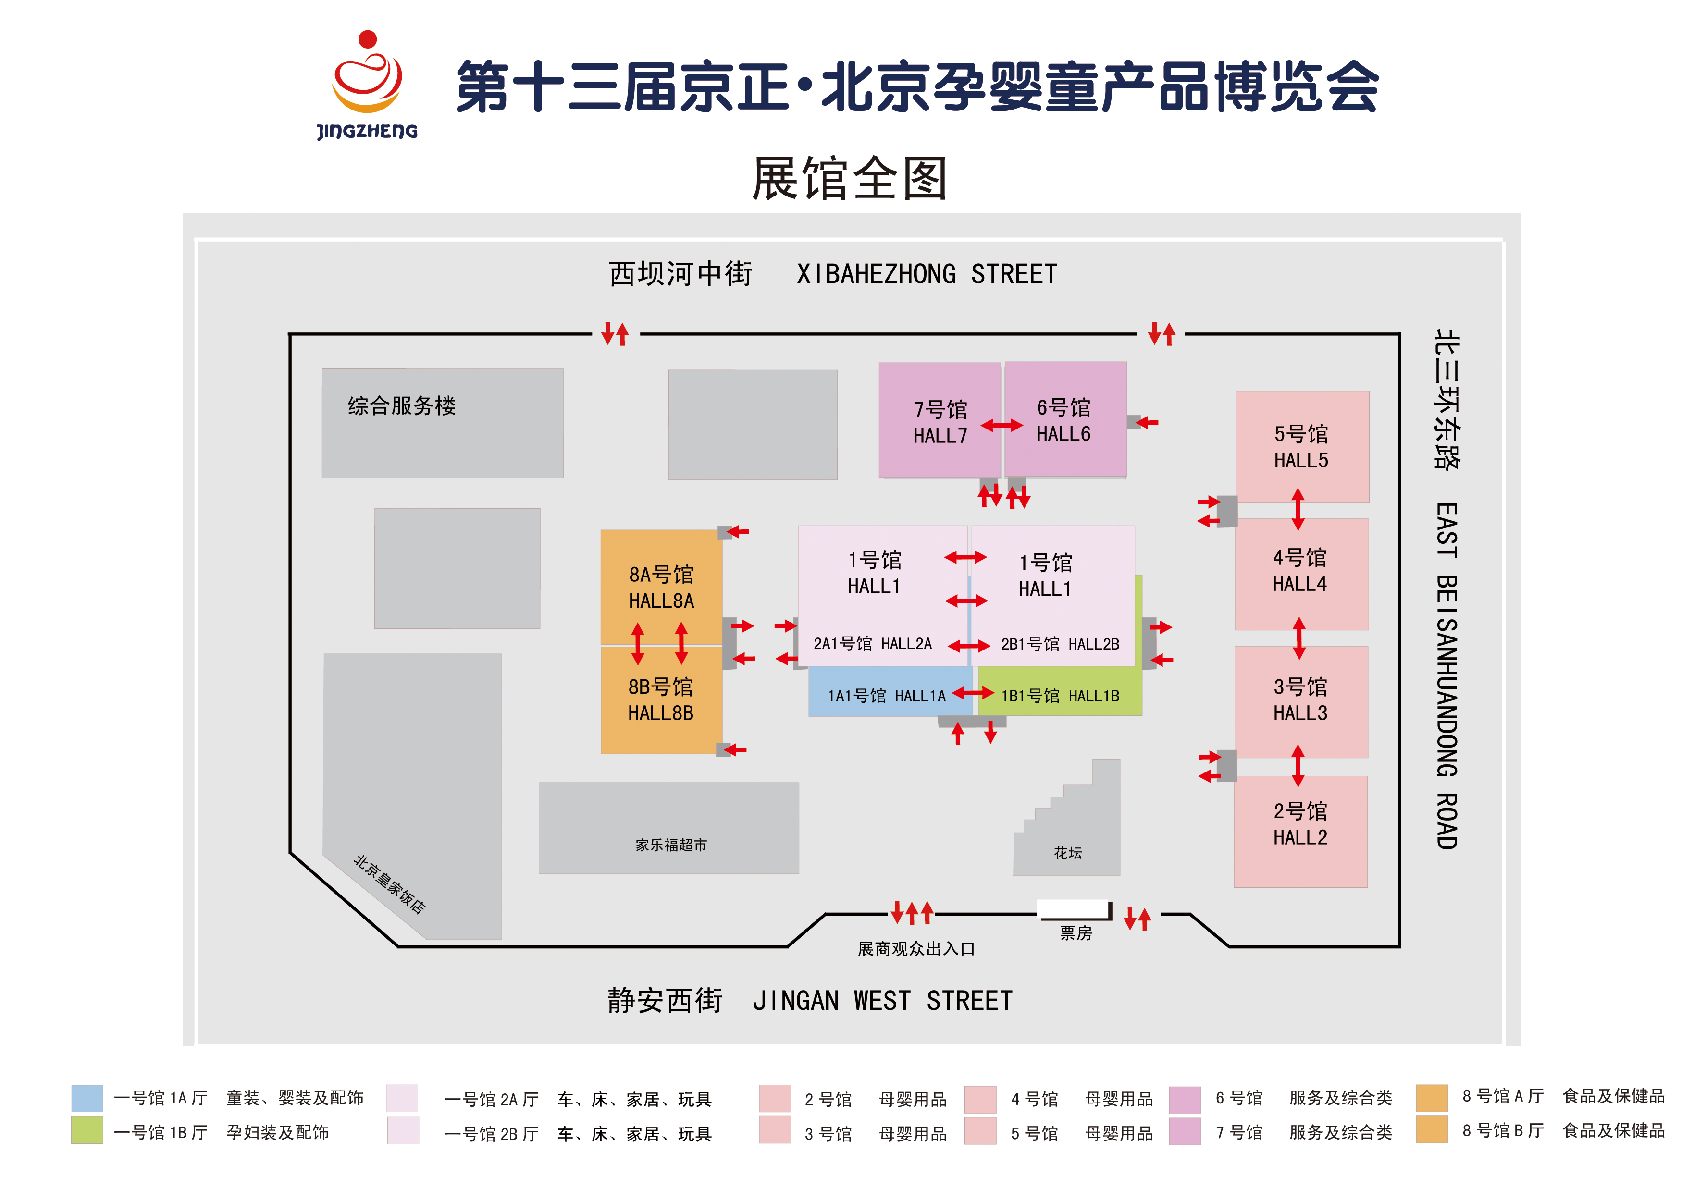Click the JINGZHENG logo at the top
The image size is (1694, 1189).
coord(368,85)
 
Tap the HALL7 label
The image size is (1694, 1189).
coord(940,436)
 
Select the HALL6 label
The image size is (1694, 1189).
coord(1063,434)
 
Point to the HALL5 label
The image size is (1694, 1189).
coord(1301,460)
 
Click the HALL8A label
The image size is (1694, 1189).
coord(661,601)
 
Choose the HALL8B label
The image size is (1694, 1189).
coord(660,713)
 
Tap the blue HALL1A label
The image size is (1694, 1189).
coord(920,696)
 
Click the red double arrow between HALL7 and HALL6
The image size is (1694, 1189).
coord(1002,426)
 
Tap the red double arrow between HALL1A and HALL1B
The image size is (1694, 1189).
coord(973,693)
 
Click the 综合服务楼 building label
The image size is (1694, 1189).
coord(402,405)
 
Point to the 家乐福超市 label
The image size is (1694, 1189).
coord(671,845)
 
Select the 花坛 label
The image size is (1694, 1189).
coord(1068,853)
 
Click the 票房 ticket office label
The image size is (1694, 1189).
coord(1076,933)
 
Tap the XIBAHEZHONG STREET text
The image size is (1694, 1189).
coord(927,274)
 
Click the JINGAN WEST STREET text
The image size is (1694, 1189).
coord(882,1001)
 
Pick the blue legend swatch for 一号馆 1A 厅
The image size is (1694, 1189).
coord(87,1098)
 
